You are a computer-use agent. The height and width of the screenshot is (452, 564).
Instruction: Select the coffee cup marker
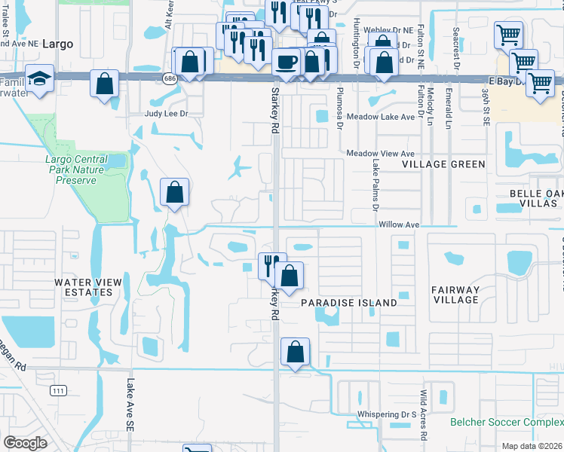point(286,62)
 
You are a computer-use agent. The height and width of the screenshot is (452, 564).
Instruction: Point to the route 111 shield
point(58,389)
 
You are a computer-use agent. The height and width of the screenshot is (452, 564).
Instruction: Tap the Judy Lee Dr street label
point(165,114)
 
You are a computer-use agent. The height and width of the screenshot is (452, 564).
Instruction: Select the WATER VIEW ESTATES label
point(87,287)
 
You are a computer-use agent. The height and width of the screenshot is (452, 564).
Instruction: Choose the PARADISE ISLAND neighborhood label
point(348,302)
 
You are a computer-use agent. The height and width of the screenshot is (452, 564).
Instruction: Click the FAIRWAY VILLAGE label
point(455,295)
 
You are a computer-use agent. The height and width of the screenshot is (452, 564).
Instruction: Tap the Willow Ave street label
point(399,224)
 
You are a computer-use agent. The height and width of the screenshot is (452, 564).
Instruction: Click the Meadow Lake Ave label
point(381,117)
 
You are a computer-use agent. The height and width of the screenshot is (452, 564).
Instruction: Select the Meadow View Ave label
point(381,153)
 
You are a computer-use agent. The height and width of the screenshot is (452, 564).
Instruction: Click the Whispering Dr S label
point(388,414)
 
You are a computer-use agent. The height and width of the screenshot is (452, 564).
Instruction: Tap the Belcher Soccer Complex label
point(506,423)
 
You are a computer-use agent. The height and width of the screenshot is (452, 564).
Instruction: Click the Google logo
point(25,442)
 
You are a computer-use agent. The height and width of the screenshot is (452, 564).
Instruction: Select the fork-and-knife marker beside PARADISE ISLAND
point(272,265)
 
